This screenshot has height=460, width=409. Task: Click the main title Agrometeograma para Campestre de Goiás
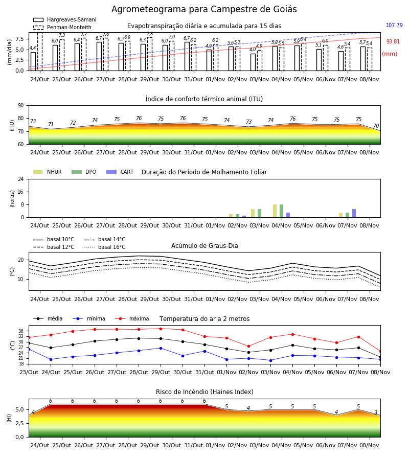(204, 9)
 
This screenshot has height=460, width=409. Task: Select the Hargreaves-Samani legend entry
(65, 19)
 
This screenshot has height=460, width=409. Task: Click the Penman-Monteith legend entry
(62, 27)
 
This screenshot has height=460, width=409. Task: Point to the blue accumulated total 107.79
(394, 25)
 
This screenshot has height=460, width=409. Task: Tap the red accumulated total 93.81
(393, 41)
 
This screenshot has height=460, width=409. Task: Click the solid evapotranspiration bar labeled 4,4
(33, 61)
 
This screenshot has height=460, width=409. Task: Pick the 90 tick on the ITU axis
(21, 106)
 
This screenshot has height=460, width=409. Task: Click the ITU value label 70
(376, 126)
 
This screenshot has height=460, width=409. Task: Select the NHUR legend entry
(48, 172)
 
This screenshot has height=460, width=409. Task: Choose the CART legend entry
(120, 172)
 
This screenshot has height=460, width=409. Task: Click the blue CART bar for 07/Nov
(354, 213)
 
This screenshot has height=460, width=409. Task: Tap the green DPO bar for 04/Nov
(281, 211)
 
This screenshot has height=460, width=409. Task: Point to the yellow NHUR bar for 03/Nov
(253, 213)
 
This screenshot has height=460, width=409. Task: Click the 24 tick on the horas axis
(21, 179)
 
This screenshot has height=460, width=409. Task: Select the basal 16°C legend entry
(105, 247)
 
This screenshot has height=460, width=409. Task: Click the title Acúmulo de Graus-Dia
(204, 245)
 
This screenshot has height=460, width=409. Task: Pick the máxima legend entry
(132, 318)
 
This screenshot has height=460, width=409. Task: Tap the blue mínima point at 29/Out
(161, 348)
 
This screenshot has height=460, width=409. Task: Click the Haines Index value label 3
(376, 412)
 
